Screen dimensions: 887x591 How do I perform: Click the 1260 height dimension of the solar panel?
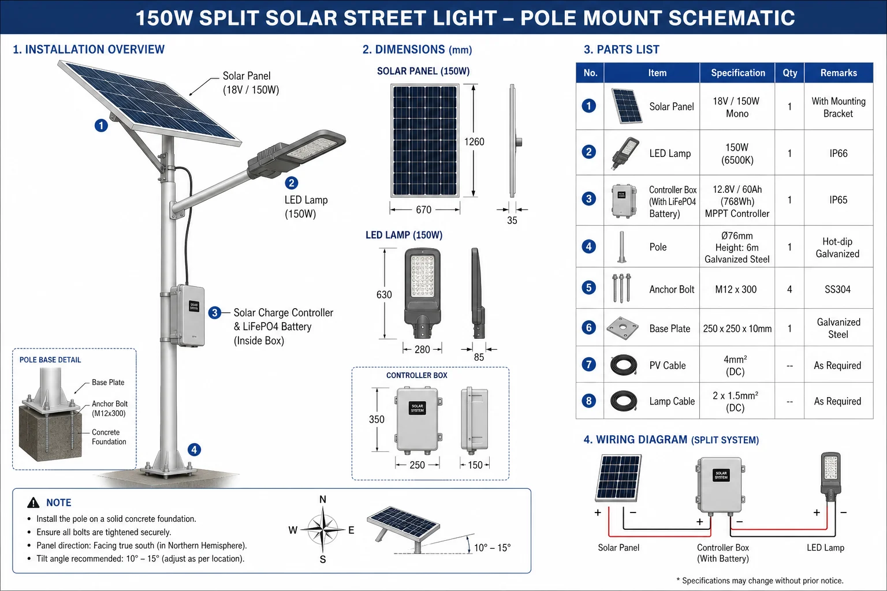click(x=474, y=142)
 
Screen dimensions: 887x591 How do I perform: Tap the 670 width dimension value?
click(x=423, y=210)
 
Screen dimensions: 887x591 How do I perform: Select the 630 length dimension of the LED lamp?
click(x=383, y=294)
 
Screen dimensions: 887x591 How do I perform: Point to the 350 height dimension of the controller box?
click(x=377, y=419)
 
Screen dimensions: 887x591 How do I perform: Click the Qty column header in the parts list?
click(x=789, y=73)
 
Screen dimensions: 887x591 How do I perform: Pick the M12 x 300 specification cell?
click(x=736, y=289)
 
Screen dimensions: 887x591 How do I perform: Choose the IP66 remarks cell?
click(x=838, y=153)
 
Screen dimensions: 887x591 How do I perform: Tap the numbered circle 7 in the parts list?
click(x=589, y=364)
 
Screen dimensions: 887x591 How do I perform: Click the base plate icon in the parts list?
click(x=623, y=328)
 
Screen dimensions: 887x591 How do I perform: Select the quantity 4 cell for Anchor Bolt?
click(x=789, y=289)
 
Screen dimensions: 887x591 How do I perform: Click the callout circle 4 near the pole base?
click(x=194, y=450)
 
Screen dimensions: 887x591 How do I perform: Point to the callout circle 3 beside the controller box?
click(x=215, y=313)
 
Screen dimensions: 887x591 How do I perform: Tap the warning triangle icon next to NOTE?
click(x=33, y=503)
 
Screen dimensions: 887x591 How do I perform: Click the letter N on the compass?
click(x=323, y=500)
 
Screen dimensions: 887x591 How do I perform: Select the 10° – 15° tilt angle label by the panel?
click(x=492, y=548)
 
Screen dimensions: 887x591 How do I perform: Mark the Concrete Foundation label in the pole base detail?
click(x=109, y=437)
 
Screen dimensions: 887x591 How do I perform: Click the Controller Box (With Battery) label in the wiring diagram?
click(x=722, y=553)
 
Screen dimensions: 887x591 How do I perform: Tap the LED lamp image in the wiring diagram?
click(x=831, y=477)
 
